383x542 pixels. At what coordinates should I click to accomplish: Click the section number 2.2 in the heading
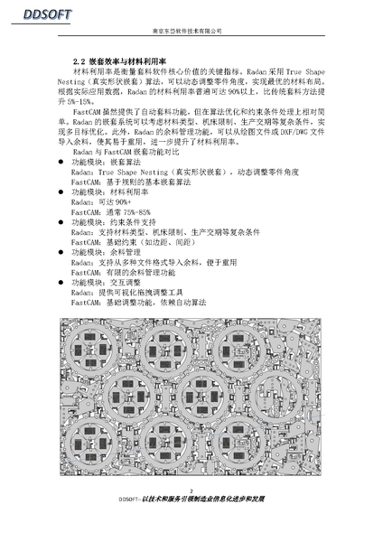(78, 61)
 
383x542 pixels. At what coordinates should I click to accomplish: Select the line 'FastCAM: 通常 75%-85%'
(110, 211)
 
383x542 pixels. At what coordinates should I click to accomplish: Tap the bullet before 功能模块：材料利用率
(61, 192)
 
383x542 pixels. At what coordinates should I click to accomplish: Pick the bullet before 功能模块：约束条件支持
(61, 221)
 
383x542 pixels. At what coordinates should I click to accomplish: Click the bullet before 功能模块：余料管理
(61, 252)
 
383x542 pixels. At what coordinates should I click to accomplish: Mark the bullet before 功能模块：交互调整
(61, 282)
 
